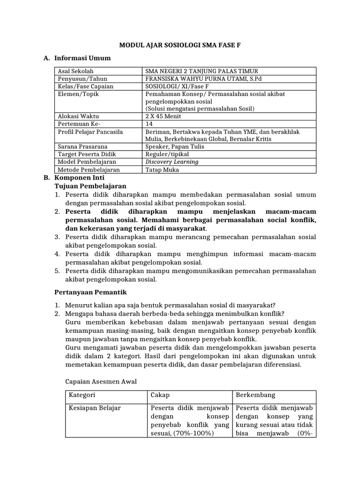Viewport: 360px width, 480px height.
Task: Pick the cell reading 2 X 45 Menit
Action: (x=164, y=116)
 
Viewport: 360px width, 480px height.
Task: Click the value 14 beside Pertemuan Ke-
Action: (x=150, y=124)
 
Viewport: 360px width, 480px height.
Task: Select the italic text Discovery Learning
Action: (x=172, y=162)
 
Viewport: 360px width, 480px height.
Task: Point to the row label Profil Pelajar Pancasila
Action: (x=90, y=132)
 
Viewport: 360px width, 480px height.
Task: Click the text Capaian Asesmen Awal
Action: (x=101, y=381)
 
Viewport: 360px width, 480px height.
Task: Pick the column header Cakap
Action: (x=160, y=395)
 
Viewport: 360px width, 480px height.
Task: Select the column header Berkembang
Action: (x=255, y=395)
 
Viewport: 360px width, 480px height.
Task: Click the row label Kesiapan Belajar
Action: (x=95, y=408)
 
